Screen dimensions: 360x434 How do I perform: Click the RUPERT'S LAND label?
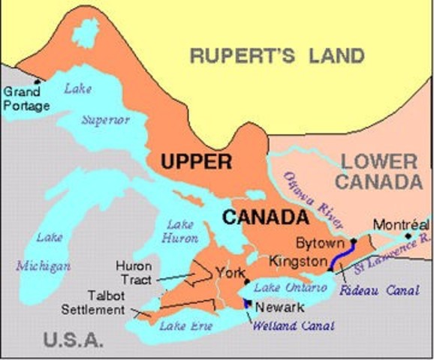click(x=276, y=55)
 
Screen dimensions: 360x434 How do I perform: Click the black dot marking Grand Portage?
click(x=38, y=81)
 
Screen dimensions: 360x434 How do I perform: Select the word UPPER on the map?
click(x=194, y=161)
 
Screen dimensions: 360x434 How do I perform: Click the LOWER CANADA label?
click(x=377, y=171)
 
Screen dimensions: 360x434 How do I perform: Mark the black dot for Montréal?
click(x=408, y=235)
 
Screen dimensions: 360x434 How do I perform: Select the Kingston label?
click(x=296, y=261)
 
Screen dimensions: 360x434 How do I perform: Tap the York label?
click(x=229, y=272)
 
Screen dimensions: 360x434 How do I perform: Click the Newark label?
click(x=279, y=307)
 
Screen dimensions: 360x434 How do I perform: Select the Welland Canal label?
click(x=287, y=325)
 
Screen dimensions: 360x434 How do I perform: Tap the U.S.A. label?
click(x=73, y=340)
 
